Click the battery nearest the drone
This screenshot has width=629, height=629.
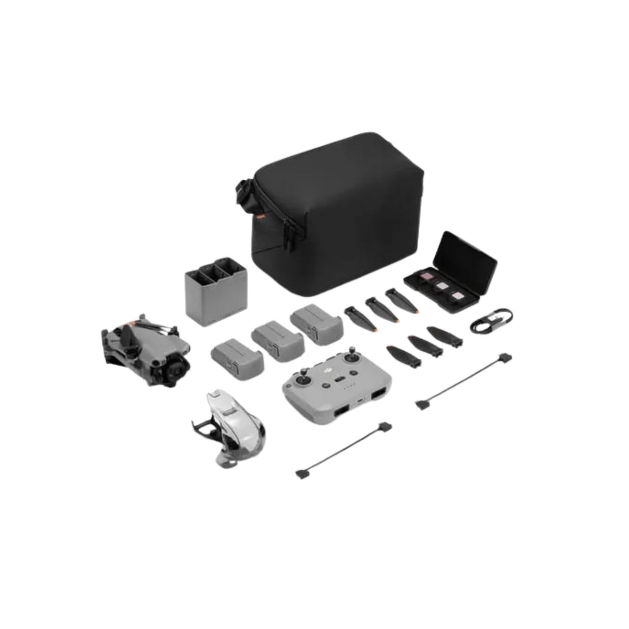[x=237, y=355]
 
